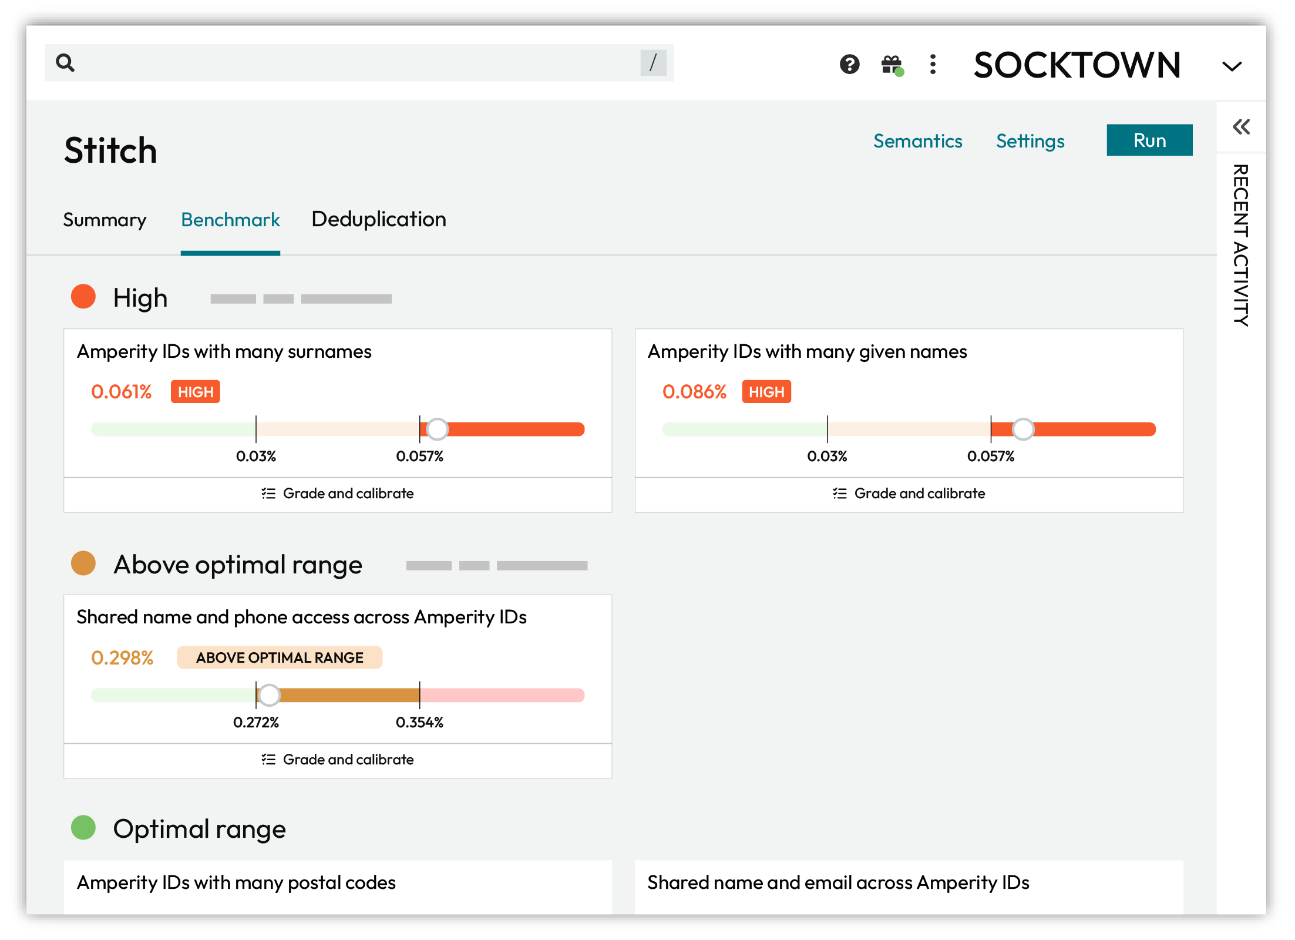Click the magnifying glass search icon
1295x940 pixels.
pyautogui.click(x=65, y=62)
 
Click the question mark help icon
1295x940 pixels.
pyautogui.click(x=849, y=64)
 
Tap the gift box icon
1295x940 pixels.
pyautogui.click(x=892, y=64)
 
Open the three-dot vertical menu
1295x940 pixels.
pyautogui.click(x=933, y=64)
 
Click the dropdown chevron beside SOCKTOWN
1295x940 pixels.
pyautogui.click(x=1232, y=66)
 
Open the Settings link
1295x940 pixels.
pyautogui.click(x=1030, y=141)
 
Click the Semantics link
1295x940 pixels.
pyautogui.click(x=917, y=141)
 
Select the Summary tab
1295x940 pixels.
pyautogui.click(x=105, y=220)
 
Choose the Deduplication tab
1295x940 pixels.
pyautogui.click(x=379, y=219)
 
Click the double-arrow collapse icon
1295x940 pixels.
pyautogui.click(x=1241, y=127)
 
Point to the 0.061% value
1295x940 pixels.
pyautogui.click(x=121, y=391)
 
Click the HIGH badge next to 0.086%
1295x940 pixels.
pyautogui.click(x=766, y=392)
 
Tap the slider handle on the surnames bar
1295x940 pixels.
pyautogui.click(x=437, y=429)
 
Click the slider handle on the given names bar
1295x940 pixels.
pyautogui.click(x=1022, y=429)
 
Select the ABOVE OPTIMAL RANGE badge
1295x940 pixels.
pyautogui.click(x=280, y=657)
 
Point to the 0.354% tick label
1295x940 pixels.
pyautogui.click(x=419, y=722)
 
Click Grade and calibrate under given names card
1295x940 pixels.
pyautogui.click(x=909, y=493)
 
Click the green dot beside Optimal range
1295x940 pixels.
pyautogui.click(x=83, y=828)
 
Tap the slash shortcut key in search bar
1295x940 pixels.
pyautogui.click(x=652, y=62)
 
